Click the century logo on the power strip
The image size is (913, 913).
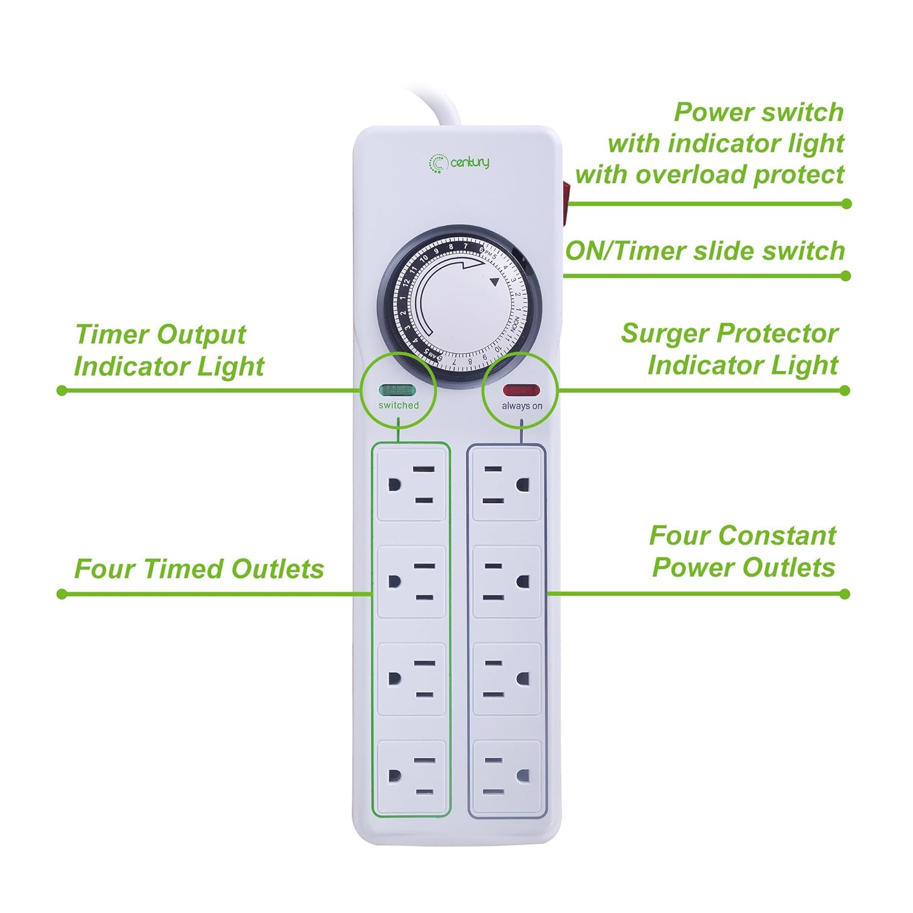click(460, 163)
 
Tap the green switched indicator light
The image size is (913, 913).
click(397, 390)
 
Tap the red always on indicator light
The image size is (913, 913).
click(521, 390)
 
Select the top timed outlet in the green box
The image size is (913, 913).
click(411, 484)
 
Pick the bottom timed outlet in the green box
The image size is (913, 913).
click(411, 777)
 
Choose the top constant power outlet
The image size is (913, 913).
click(506, 484)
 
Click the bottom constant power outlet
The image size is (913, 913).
click(506, 777)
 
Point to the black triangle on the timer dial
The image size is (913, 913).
click(494, 282)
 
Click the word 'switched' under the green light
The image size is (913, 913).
click(399, 405)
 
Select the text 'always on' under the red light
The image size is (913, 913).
click(522, 406)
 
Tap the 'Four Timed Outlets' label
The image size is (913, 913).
click(199, 569)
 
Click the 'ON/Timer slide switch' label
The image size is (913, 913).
click(705, 251)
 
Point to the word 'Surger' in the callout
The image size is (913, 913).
click(665, 334)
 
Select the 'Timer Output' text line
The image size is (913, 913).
click(161, 335)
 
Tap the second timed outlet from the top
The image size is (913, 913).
click(411, 582)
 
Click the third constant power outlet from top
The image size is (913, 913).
click(506, 679)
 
